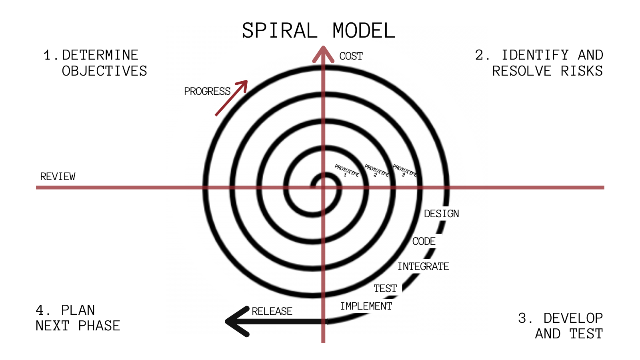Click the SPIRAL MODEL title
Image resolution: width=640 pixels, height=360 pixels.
318,31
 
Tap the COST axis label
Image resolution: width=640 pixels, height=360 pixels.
351,56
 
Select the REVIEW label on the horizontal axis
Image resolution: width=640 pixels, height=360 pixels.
58,176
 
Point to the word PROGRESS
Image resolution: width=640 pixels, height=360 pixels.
207,92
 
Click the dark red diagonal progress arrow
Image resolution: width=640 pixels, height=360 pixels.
232,98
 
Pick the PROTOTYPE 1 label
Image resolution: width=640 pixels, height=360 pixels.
346,171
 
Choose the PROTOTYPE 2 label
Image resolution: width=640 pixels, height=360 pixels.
376,171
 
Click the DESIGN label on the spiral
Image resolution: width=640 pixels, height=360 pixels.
441,214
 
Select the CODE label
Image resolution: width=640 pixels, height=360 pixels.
424,242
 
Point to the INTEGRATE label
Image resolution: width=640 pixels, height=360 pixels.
423,266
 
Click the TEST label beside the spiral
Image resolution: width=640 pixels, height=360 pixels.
385,288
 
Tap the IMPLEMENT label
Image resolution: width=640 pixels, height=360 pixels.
366,306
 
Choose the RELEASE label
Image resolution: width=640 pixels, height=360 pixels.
272,311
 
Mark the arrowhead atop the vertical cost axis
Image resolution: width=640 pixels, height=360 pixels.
323,54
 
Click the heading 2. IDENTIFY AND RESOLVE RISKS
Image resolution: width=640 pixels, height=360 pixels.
539,63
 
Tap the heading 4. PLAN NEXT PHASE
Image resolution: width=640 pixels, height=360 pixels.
78,318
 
